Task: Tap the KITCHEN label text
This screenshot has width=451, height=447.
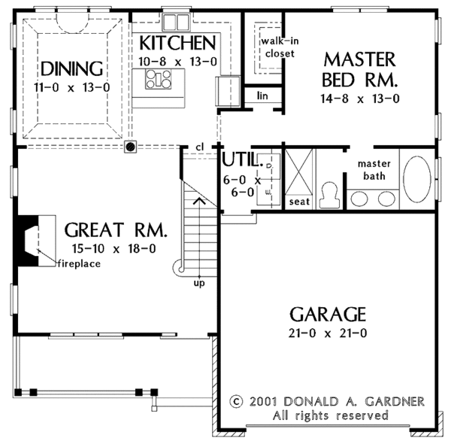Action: (x=178, y=41)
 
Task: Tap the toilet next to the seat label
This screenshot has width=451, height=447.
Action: (x=327, y=195)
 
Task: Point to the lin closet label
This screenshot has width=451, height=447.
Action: (x=262, y=96)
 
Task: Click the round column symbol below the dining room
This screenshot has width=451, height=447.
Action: (x=131, y=147)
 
